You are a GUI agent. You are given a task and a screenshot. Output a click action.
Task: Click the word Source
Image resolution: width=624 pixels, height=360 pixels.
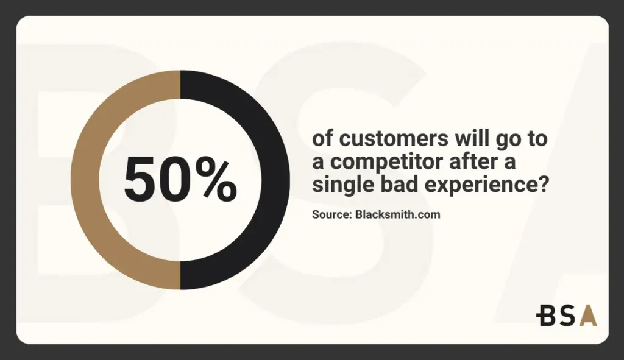pyautogui.click(x=330, y=214)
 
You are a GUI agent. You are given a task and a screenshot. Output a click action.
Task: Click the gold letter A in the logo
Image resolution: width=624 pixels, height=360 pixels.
pyautogui.click(x=588, y=316)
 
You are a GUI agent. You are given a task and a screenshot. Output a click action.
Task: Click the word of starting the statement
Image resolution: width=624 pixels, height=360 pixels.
pyautogui.click(x=322, y=139)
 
